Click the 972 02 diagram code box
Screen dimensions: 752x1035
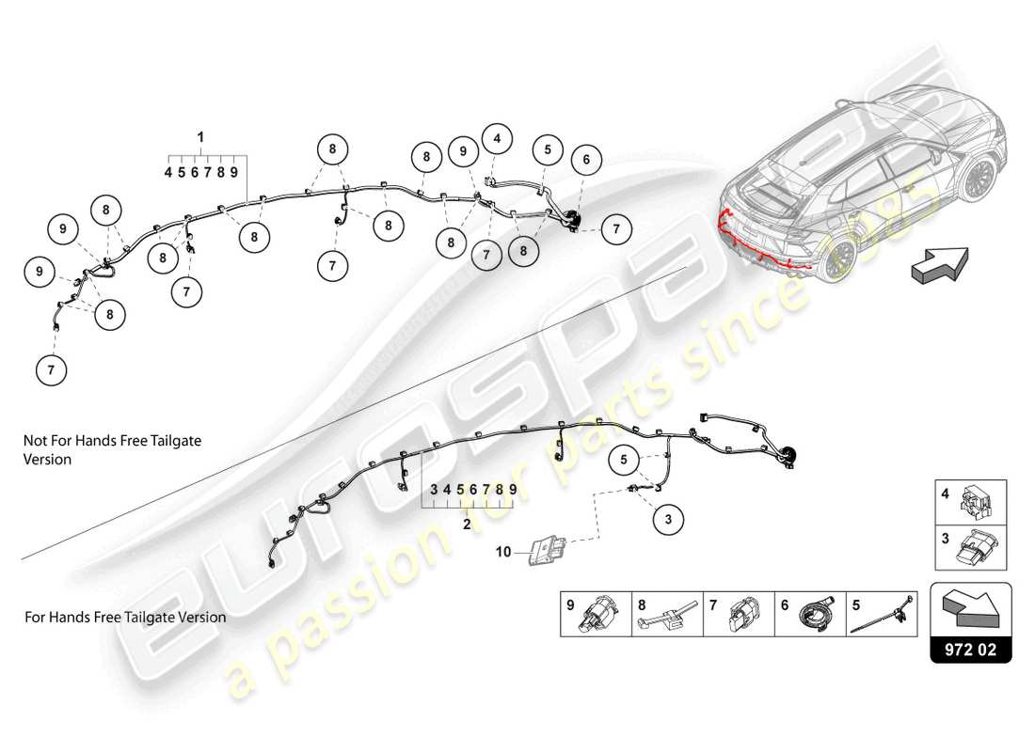[971, 650]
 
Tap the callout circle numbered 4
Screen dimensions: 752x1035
[497, 138]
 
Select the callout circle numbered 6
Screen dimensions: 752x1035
[586, 160]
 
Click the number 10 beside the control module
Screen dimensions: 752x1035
[502, 552]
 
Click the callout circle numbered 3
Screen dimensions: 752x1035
[668, 517]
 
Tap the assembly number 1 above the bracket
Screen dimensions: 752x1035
[200, 137]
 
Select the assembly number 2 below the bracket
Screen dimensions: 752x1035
[467, 525]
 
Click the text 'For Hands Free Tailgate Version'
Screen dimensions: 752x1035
[125, 618]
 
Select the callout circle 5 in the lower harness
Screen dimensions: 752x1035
[623, 460]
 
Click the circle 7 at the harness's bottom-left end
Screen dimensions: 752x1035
[51, 370]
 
